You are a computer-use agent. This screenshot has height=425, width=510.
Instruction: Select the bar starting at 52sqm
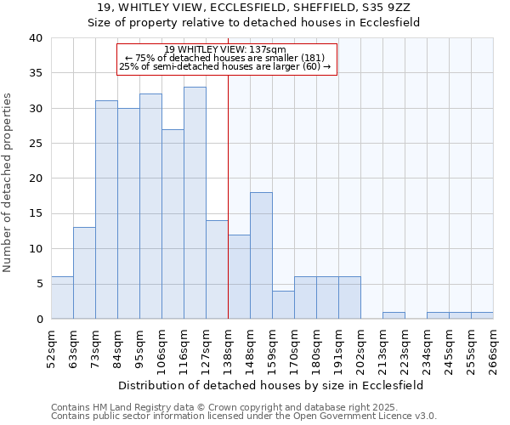(62, 297)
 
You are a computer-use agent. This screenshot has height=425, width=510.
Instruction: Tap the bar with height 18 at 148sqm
(261, 255)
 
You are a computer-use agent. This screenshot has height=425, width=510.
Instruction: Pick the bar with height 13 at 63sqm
(84, 273)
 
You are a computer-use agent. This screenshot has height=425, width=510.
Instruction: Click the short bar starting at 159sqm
(283, 304)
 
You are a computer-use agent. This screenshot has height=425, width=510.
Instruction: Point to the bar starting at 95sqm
(150, 206)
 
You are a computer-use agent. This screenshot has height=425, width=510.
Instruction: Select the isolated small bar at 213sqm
(394, 315)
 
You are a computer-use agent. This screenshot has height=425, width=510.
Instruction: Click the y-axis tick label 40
(35, 38)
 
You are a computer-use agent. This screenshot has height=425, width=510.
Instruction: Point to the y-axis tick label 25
(35, 144)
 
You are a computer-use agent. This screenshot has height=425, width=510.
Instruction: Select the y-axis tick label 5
(38, 284)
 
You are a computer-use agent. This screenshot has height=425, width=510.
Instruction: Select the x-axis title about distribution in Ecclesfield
(272, 385)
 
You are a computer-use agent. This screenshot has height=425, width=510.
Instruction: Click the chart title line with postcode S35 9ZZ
(255, 8)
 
